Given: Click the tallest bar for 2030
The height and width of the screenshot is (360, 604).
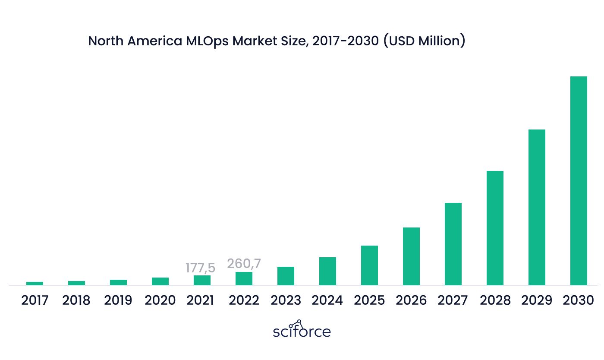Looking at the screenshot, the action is click(x=579, y=180).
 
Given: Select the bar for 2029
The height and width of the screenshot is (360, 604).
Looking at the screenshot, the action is click(x=537, y=207).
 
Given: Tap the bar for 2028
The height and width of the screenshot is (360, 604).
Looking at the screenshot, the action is click(x=495, y=228).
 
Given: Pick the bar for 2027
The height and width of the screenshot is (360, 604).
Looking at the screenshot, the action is click(x=453, y=244).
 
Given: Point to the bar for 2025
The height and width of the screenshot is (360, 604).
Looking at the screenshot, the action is click(x=369, y=265).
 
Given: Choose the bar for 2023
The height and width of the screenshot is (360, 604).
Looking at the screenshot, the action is click(x=286, y=276).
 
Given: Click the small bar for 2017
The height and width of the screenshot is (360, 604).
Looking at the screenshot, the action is click(x=35, y=283).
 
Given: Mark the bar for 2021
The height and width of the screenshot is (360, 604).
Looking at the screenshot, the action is click(x=202, y=280).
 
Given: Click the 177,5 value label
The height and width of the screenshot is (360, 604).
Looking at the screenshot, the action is click(x=200, y=268).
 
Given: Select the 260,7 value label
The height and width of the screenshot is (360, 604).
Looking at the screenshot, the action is click(x=244, y=264).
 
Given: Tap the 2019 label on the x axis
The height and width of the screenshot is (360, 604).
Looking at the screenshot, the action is click(x=118, y=300).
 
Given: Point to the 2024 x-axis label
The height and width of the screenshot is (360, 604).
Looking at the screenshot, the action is click(x=327, y=300).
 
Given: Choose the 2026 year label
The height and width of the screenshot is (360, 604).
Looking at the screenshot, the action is click(x=411, y=300).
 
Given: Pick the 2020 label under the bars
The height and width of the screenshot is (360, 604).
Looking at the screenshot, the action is click(x=160, y=300).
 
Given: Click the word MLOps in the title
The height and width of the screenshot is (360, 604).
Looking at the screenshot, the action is click(x=207, y=41).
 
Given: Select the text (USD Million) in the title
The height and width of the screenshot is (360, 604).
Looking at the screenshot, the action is click(x=424, y=41).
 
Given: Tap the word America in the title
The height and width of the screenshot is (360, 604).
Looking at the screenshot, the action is click(x=155, y=41).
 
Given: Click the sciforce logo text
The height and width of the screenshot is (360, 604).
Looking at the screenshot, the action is click(x=302, y=329).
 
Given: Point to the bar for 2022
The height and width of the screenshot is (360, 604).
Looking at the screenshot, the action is click(x=244, y=278).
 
